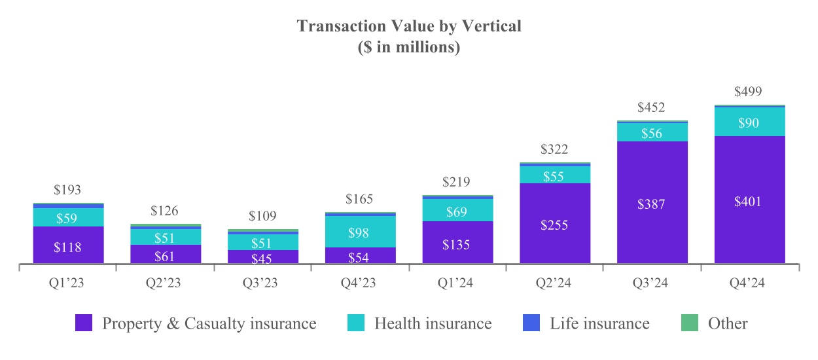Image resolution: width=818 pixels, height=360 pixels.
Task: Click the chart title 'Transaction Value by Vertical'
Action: click(409, 26)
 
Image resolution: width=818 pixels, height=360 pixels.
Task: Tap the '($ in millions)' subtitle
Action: click(409, 48)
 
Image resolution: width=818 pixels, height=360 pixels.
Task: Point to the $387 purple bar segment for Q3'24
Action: click(652, 204)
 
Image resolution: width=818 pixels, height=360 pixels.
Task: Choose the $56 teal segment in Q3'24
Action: click(652, 133)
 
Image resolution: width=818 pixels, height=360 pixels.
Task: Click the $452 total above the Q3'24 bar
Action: click(652, 107)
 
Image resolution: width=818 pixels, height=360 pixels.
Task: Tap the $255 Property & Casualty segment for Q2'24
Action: click(554, 225)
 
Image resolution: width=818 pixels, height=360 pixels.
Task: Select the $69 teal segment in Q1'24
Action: click(457, 211)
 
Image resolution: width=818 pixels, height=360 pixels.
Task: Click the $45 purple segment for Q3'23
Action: click(263, 257)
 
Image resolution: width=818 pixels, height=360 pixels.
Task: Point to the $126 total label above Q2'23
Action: click(166, 211)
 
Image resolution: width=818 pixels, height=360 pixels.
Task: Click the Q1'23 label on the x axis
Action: click(68, 283)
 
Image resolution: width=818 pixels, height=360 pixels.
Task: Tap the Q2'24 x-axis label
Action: click(554, 283)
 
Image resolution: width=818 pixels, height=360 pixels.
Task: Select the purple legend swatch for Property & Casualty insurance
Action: click(84, 323)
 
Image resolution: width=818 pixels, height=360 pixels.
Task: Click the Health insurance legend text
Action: click(433, 323)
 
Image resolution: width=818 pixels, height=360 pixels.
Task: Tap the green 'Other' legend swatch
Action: click(690, 323)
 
